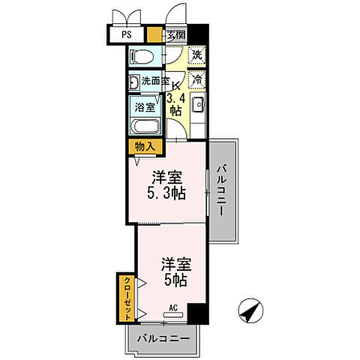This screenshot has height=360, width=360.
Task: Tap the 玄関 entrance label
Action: (x=176, y=34)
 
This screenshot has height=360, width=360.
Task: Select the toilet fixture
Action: (x=140, y=57)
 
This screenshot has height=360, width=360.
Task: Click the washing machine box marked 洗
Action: (x=197, y=55)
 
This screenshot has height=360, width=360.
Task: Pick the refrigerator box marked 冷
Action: (x=197, y=79)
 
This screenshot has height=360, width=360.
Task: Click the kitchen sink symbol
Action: (x=199, y=106)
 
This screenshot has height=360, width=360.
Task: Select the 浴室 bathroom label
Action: (x=144, y=107)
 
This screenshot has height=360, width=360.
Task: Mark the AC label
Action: (x=173, y=307)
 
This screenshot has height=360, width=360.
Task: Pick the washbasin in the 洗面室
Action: (x=133, y=83)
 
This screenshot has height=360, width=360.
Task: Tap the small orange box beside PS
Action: (x=154, y=34)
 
